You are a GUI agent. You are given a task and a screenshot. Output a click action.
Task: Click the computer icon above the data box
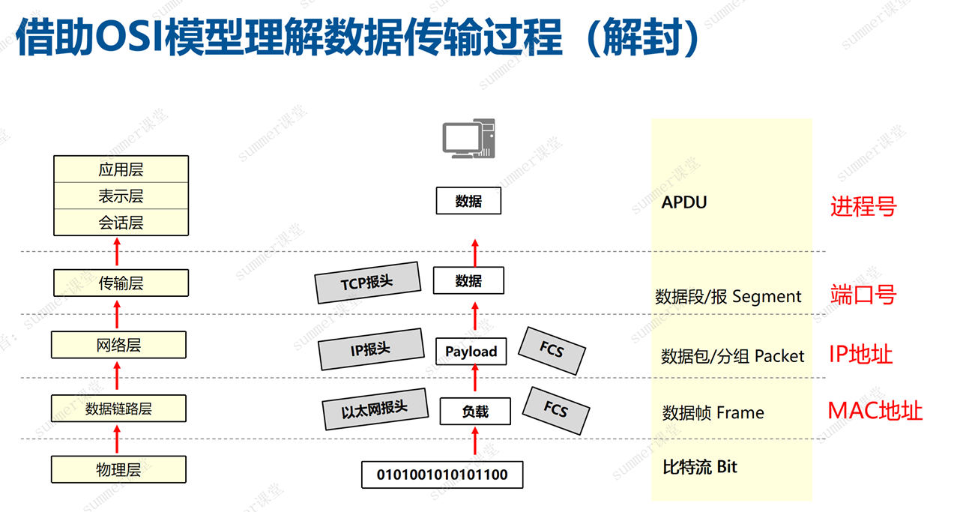click(468, 139)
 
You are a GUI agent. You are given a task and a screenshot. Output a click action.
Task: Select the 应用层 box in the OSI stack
click(121, 169)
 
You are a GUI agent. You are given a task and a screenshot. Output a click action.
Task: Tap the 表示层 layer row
click(121, 196)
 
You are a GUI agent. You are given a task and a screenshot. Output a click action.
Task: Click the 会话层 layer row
click(121, 223)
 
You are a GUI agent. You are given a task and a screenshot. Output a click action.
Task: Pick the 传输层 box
click(121, 283)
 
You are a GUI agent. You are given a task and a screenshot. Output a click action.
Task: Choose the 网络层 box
click(118, 345)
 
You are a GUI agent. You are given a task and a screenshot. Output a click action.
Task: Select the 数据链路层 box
click(118, 409)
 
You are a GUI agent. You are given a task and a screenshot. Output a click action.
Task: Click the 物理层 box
click(118, 470)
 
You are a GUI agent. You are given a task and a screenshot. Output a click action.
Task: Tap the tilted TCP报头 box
click(366, 283)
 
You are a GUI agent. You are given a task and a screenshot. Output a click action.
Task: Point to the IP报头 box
click(370, 349)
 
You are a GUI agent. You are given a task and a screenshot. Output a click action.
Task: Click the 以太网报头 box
click(375, 409)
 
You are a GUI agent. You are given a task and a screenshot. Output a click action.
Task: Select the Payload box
click(471, 351)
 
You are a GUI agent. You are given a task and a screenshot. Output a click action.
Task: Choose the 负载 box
click(474, 412)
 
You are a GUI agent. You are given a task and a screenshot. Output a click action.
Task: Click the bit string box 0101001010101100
click(441, 475)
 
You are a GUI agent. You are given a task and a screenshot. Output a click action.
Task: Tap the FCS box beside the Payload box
click(552, 350)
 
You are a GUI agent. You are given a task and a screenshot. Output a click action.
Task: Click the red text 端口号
click(863, 295)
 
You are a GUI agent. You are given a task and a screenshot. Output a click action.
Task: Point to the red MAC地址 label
click(875, 411)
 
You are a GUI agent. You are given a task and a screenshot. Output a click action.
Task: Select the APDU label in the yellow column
click(684, 202)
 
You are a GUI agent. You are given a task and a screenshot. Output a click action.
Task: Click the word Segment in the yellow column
click(767, 297)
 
